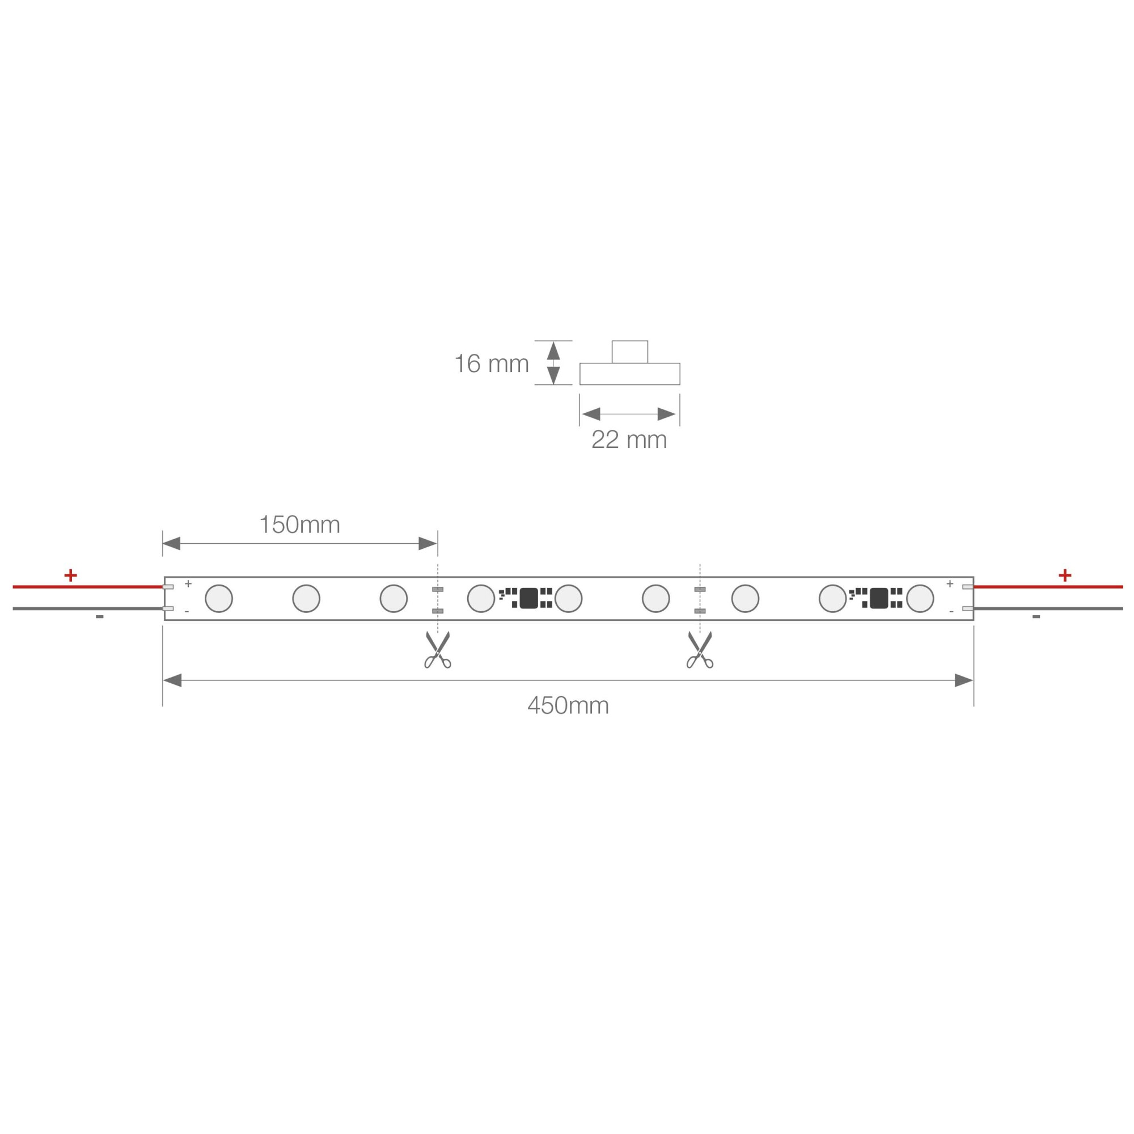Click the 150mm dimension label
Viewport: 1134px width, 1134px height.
[300, 524]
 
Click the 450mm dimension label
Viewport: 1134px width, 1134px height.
[568, 705]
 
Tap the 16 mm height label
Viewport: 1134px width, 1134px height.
[492, 364]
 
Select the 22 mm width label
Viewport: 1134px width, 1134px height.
[629, 439]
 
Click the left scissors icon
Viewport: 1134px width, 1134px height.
[438, 650]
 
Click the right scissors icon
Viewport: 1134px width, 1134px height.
[700, 650]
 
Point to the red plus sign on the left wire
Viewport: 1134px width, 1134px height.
[70, 575]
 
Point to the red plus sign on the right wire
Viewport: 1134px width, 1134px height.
[1065, 575]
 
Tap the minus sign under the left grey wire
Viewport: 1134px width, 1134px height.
[100, 617]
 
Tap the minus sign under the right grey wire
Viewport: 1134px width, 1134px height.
[1036, 617]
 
